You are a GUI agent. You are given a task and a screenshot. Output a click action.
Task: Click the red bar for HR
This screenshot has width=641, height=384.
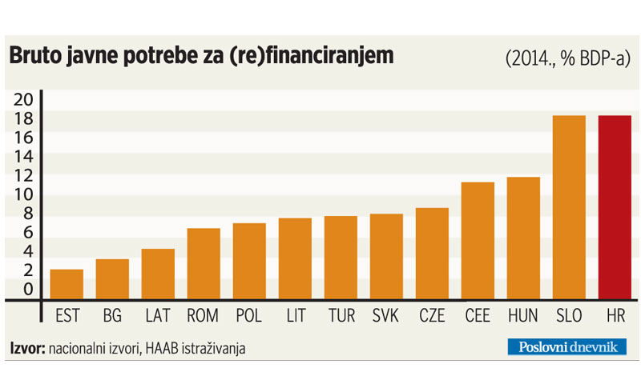[x=614, y=208]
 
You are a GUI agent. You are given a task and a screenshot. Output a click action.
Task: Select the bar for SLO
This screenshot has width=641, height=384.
[x=569, y=208]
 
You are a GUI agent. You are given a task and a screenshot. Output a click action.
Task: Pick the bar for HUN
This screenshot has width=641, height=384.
[x=523, y=238]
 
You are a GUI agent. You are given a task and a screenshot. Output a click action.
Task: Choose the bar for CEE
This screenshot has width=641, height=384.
[x=478, y=241]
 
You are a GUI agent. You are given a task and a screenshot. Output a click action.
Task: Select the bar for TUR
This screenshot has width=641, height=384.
[x=341, y=258]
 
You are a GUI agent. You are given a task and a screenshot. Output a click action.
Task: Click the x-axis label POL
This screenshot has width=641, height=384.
[x=249, y=316]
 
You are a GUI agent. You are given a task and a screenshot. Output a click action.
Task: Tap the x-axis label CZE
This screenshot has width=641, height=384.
[x=432, y=316]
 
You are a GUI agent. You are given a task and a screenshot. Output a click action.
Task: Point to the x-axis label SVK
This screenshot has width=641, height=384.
[x=386, y=316]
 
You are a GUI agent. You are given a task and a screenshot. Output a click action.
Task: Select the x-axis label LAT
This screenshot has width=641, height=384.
[x=158, y=316]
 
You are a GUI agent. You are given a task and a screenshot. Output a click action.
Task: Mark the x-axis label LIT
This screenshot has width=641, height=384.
[x=295, y=316]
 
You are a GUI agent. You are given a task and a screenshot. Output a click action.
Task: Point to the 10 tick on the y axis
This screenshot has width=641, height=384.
[x=24, y=195]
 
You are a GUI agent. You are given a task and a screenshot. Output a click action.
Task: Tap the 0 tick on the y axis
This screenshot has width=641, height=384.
[x=28, y=290]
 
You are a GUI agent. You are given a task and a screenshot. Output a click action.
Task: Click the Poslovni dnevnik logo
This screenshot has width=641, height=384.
[x=566, y=346]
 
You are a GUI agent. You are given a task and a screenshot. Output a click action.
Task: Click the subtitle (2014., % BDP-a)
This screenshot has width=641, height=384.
[x=567, y=58]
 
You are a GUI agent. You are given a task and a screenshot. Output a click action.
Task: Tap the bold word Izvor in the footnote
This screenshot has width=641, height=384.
[x=27, y=348]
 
